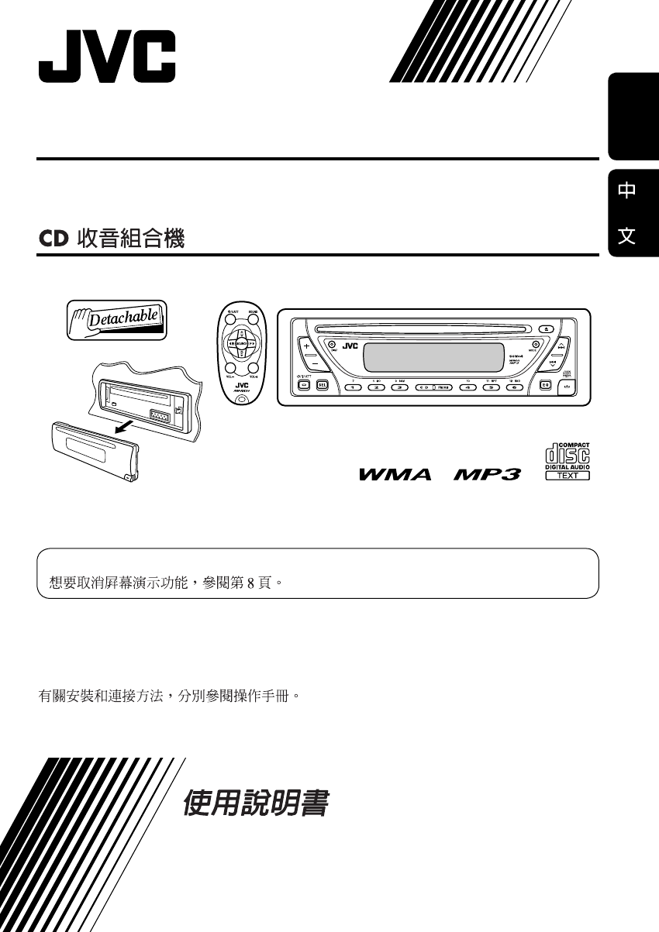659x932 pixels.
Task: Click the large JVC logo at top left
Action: click(x=107, y=57)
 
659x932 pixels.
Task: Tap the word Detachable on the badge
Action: click(x=124, y=318)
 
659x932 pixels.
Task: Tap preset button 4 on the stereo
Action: click(x=468, y=387)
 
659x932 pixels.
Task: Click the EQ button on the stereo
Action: click(x=546, y=385)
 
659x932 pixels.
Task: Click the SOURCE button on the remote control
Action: click(x=241, y=343)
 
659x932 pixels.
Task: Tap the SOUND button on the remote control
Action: click(x=253, y=318)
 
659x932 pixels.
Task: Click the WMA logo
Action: click(x=395, y=474)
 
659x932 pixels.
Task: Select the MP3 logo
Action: click(x=486, y=474)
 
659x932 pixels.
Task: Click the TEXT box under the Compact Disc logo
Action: click(x=568, y=475)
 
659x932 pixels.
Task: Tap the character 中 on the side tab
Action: click(x=627, y=191)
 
